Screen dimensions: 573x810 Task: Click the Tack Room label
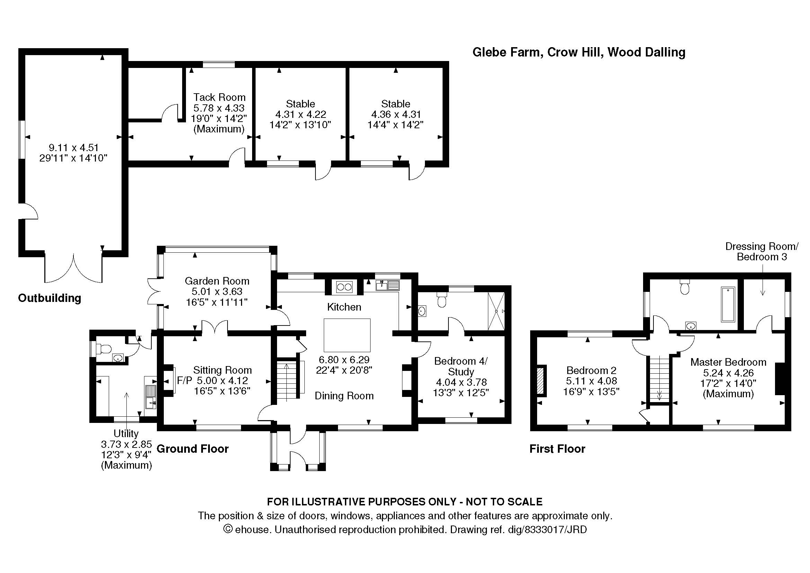(219, 97)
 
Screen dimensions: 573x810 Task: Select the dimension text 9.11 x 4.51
(73, 147)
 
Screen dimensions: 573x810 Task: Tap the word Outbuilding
(50, 298)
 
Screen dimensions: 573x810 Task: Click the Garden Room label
(217, 281)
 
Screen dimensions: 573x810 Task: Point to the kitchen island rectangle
(347, 335)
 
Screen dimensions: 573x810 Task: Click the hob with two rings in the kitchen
(344, 287)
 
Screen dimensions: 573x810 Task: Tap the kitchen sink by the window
(388, 285)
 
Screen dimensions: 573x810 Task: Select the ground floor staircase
(286, 380)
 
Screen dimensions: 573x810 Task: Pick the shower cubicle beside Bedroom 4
(496, 311)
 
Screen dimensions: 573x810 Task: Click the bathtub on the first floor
(728, 304)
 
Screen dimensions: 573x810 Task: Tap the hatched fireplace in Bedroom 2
(540, 381)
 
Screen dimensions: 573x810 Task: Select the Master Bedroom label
(728, 362)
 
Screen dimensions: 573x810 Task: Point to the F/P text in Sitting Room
(185, 380)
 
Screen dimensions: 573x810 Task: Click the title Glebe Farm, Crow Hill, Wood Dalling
(579, 52)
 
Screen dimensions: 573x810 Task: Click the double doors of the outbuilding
(73, 268)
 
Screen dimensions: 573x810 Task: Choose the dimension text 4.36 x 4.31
(395, 114)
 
